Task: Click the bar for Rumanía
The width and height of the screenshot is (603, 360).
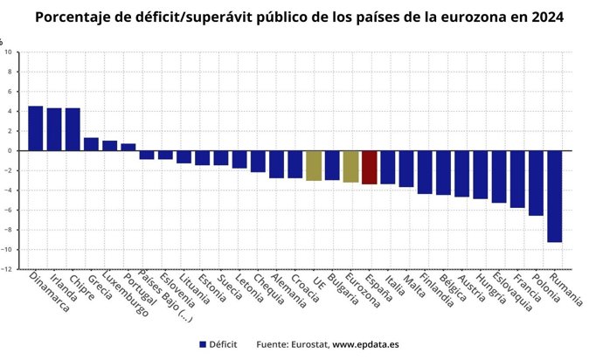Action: click(554, 196)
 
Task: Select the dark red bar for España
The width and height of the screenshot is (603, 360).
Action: click(369, 167)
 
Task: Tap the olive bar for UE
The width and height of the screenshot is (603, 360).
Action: click(314, 165)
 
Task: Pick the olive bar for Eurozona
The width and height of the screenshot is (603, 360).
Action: click(350, 166)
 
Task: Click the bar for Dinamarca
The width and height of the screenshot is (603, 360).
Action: click(36, 128)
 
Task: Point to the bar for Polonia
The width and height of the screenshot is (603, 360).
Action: click(536, 183)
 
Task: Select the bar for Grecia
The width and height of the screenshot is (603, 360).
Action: click(91, 144)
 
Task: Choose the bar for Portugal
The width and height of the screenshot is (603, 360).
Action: click(128, 147)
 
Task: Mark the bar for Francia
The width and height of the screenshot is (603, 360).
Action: click(517, 179)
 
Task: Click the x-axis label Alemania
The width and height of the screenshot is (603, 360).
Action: click(288, 293)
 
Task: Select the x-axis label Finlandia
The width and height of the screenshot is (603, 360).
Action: click(435, 294)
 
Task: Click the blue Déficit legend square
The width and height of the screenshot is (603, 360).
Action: click(202, 345)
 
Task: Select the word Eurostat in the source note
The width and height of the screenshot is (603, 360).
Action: click(307, 345)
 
